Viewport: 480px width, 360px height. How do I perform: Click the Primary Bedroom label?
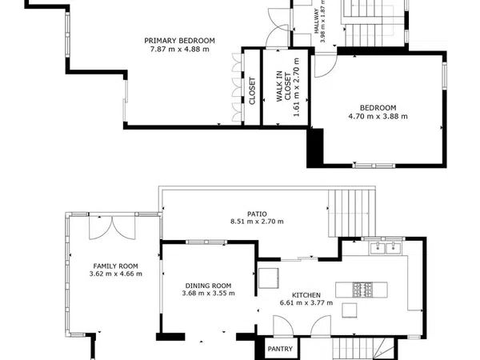pos(179,41)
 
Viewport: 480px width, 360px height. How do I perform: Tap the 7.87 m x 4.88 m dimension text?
pos(180,49)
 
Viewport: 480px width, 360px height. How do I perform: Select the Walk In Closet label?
pos(283,86)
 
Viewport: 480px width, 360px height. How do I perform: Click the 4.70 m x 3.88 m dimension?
pos(378,116)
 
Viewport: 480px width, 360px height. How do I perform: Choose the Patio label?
pos(257,214)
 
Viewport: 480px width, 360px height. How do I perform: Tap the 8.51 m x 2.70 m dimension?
pos(257,222)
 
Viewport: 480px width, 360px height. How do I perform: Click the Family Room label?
pos(115,266)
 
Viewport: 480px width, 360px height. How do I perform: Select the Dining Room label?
pos(208,286)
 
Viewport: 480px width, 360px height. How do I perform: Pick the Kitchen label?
pos(306,295)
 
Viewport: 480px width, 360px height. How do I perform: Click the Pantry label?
pos(280,349)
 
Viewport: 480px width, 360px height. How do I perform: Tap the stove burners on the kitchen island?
pos(362,290)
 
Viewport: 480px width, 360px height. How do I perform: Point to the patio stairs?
pos(352,214)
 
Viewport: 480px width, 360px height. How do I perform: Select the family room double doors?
pos(112,227)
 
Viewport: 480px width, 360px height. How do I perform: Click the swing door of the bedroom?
pos(326,66)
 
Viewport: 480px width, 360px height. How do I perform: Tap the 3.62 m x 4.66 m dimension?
pos(116,274)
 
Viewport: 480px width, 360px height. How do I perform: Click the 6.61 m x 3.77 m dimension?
pos(306,302)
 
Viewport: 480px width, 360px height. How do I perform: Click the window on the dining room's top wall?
pos(206,242)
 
